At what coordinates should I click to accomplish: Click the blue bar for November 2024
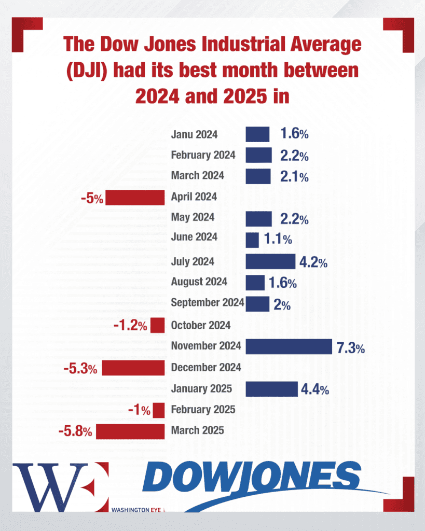(x=289, y=346)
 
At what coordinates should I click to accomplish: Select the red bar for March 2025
(x=130, y=431)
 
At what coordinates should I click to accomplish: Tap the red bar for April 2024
(x=135, y=197)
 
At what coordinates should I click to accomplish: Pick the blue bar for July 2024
(x=270, y=261)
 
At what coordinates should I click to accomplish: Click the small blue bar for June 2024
(x=252, y=240)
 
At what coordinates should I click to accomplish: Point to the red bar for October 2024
(x=158, y=326)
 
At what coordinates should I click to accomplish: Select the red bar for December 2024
(x=133, y=368)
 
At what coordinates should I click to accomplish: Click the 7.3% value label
(x=351, y=348)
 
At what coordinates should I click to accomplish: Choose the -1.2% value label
(x=130, y=326)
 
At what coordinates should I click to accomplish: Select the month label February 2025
(x=203, y=410)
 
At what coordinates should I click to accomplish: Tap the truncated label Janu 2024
(x=194, y=135)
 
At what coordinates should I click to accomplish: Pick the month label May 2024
(x=193, y=218)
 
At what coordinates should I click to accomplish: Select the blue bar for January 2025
(x=271, y=389)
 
